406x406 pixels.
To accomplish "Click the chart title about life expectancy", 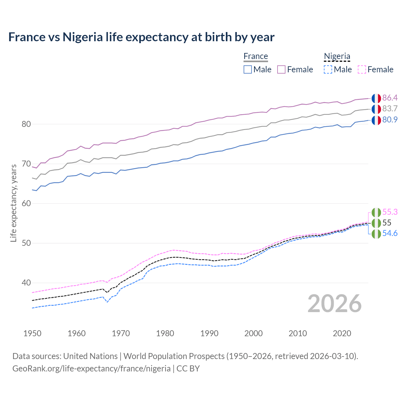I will pos(141,37).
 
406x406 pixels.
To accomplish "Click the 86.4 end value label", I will pos(390,98).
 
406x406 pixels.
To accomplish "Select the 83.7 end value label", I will pos(390,108).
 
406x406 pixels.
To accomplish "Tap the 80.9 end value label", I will pos(390,120).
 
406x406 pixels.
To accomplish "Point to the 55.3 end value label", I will pos(390,212).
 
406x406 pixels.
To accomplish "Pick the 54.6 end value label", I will pos(390,233).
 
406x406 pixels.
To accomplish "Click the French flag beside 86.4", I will pos(376,98).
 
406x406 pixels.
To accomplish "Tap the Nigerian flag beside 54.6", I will pos(376,234).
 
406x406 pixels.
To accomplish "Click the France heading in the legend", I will pos(256,56).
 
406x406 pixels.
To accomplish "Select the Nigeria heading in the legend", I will pos(337,56).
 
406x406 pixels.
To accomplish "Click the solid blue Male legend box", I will pos(248,69).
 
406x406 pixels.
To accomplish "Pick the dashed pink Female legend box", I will pos(362,69).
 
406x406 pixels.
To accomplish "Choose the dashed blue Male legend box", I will pos(328,69).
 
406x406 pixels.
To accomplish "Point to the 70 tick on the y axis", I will pos(26,164).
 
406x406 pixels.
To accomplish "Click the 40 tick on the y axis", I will pos(26,283).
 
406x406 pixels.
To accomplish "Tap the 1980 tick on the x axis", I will pos(165,333).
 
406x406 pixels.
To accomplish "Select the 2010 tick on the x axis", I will pos(298,333).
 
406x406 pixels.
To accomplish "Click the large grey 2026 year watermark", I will pos(334,304).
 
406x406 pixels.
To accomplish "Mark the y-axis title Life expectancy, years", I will pos(13,203).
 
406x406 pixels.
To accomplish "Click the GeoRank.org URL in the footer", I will pos(91,369).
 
